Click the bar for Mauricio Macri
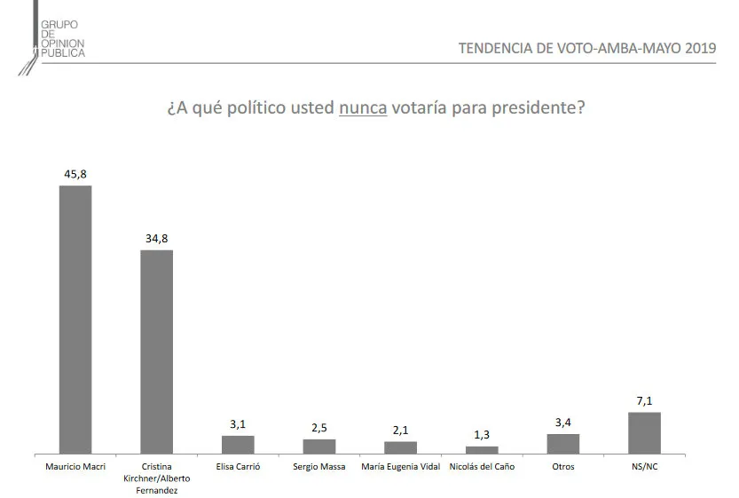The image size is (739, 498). coord(75,320)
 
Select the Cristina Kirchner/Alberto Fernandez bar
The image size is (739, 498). coord(156,352)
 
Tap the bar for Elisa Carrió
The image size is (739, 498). coord(238,444)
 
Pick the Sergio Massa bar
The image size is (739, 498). coord(319,446)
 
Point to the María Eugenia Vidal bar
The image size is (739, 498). coord(400,447)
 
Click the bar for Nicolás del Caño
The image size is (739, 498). coord(482,450)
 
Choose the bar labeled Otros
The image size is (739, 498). coord(563,443)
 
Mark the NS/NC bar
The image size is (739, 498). coord(644,432)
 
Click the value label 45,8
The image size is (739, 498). coord(75,175)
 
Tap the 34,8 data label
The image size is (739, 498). coord(156,239)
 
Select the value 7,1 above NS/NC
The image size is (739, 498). coord(644,402)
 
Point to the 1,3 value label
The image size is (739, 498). coord(482,436)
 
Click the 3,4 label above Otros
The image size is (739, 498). coord(563,423)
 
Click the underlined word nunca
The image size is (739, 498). coord(363,109)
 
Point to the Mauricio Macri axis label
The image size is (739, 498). coord(75,465)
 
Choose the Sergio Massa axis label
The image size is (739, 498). coord(319,465)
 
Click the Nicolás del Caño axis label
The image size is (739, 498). coord(482,465)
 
